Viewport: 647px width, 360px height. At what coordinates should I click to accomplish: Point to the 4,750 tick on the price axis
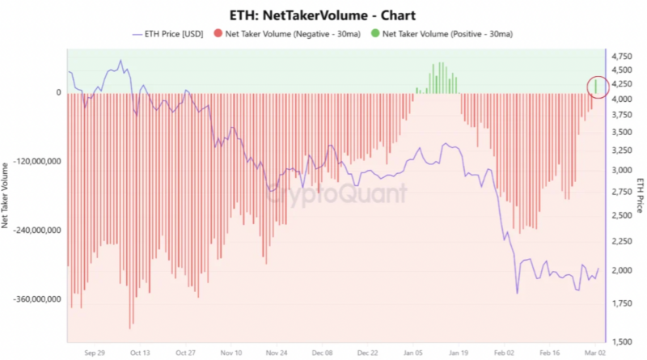click(x=625, y=56)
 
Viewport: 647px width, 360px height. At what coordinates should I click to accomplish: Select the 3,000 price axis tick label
click(x=625, y=171)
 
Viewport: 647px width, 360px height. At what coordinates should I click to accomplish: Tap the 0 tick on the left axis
click(x=58, y=92)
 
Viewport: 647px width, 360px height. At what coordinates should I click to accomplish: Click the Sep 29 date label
click(x=95, y=353)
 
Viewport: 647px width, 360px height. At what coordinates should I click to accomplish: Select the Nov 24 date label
click(x=277, y=353)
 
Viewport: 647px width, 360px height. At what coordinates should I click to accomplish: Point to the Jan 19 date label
click(x=459, y=353)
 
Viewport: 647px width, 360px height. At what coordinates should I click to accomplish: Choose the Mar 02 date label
click(x=595, y=353)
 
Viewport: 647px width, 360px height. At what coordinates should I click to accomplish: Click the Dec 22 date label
click(x=368, y=353)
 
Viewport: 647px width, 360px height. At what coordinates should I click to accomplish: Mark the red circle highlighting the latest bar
click(x=596, y=85)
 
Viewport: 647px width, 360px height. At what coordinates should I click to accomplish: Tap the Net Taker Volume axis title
click(x=7, y=193)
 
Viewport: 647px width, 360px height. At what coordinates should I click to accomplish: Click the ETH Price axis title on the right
click(x=640, y=194)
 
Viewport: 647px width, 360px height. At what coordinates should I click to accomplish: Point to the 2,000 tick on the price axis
click(x=625, y=270)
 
